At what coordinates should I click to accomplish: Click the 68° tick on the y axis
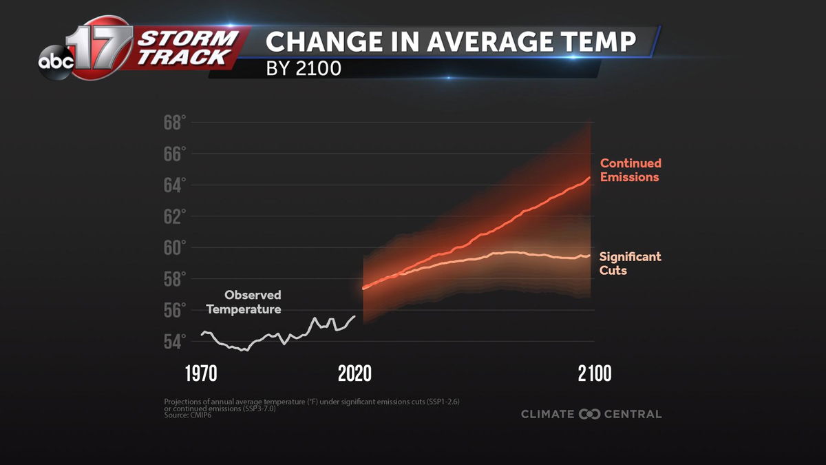(x=175, y=123)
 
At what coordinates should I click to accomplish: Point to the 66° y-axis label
(x=175, y=154)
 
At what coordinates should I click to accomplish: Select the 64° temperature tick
(x=175, y=185)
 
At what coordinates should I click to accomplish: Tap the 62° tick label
(x=175, y=217)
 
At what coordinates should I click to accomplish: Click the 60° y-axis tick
(x=175, y=248)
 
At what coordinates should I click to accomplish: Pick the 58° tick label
(x=175, y=279)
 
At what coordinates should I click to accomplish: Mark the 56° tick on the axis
(x=175, y=310)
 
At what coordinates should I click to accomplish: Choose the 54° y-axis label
(x=175, y=341)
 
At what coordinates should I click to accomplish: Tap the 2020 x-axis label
(x=354, y=374)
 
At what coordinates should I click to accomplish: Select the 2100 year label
(x=595, y=374)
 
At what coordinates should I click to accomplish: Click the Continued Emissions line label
(x=630, y=170)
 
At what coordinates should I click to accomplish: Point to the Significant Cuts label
(x=629, y=263)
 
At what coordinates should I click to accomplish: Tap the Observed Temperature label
(x=244, y=302)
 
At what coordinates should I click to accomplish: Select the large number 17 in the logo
(x=102, y=48)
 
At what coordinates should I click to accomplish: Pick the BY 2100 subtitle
(x=304, y=70)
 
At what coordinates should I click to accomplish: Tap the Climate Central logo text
(x=591, y=414)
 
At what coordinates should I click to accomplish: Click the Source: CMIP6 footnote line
(x=188, y=415)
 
